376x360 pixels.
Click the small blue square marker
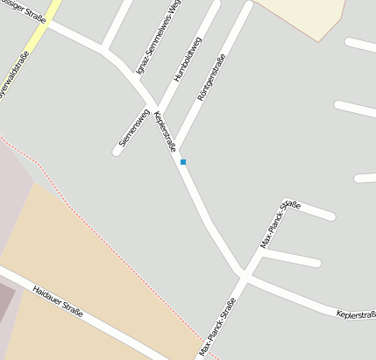tap(183, 162)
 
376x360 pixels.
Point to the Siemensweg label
tap(131, 128)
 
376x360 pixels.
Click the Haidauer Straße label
tap(57, 300)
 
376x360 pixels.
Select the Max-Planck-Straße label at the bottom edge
tap(217, 328)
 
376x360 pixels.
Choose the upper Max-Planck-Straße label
tap(280, 224)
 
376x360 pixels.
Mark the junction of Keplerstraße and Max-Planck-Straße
tap(245, 272)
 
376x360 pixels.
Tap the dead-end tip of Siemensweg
tap(117, 152)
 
